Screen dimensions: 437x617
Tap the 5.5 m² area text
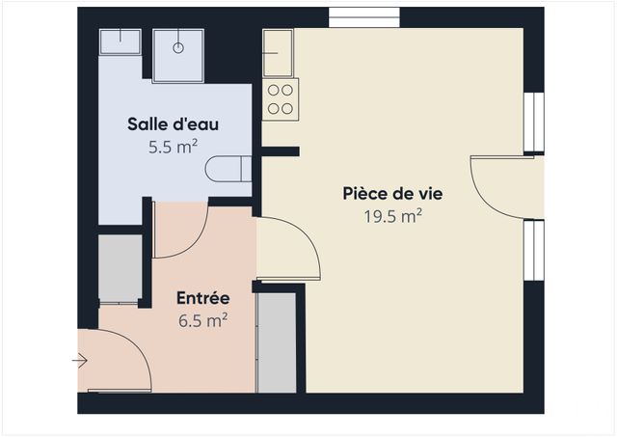[x=174, y=147]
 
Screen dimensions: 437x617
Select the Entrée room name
[x=202, y=298]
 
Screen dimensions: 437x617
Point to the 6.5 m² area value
[x=202, y=320]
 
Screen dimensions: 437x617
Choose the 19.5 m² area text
[x=392, y=216]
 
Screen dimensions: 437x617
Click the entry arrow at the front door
[x=80, y=361]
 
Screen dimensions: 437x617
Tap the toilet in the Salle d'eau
[x=228, y=169]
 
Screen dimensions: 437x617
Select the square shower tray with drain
[x=176, y=53]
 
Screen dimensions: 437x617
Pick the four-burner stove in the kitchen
[x=280, y=100]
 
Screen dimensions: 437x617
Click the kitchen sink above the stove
[x=279, y=52]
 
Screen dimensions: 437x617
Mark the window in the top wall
[x=364, y=17]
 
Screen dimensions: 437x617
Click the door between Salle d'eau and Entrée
[x=180, y=232]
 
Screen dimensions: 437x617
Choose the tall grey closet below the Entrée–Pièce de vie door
[x=277, y=342]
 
